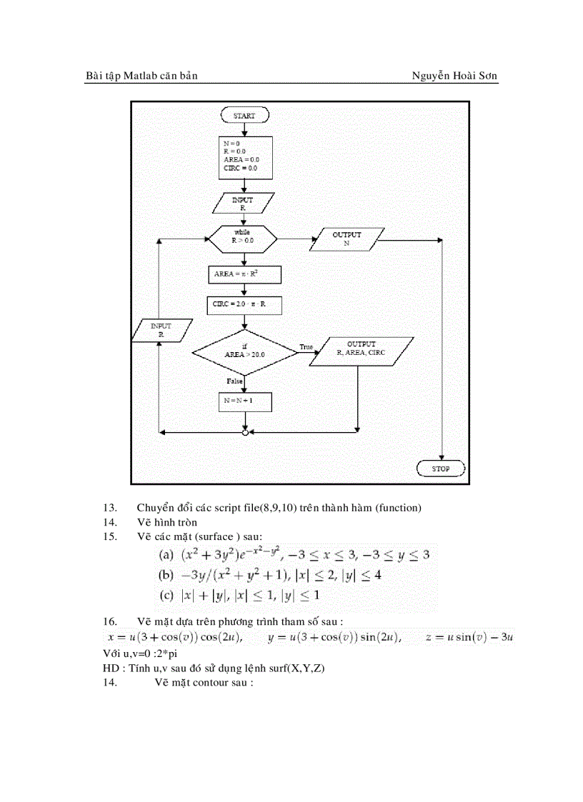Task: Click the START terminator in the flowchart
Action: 244,115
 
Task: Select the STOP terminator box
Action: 441,468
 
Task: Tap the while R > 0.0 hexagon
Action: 243,237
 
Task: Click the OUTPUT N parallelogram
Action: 347,239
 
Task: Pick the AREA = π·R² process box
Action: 244,274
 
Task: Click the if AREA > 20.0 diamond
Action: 244,350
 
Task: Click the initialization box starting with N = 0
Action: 244,156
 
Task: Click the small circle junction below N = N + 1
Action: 245,432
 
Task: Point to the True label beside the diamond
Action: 307,346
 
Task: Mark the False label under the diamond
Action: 234,381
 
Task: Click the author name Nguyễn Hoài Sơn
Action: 454,76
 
